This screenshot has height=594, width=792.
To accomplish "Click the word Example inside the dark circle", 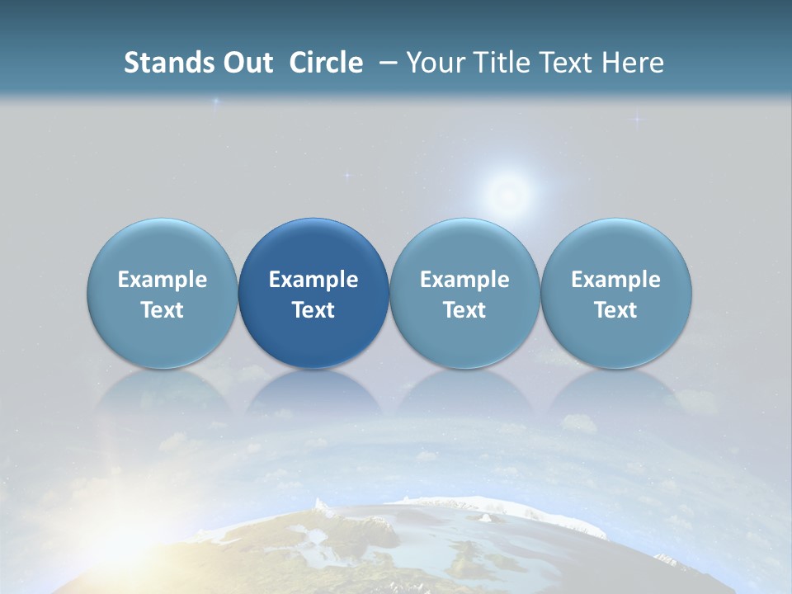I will [x=313, y=280].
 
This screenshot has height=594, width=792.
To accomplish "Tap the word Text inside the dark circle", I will [x=313, y=310].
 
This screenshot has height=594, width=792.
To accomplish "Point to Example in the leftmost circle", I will [x=163, y=280].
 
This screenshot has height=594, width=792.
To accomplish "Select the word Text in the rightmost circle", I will [x=616, y=310].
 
